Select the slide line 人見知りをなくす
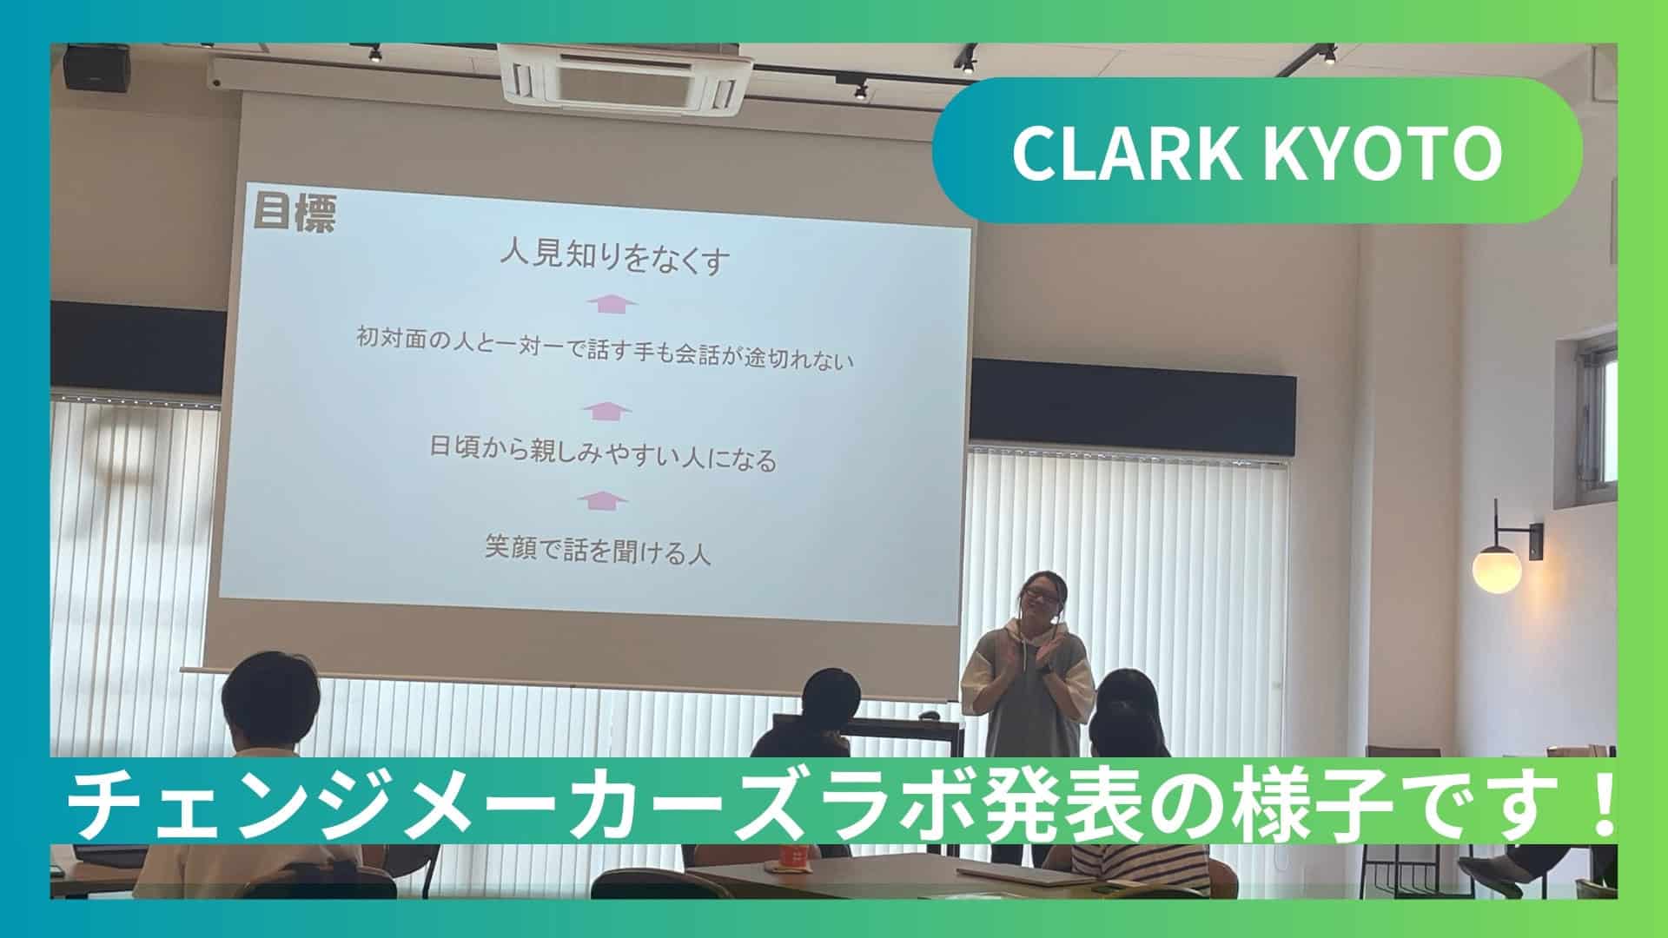pos(613,258)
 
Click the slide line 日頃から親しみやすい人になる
pos(603,456)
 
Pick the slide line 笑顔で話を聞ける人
pos(599,551)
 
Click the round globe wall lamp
pos(1497,569)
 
